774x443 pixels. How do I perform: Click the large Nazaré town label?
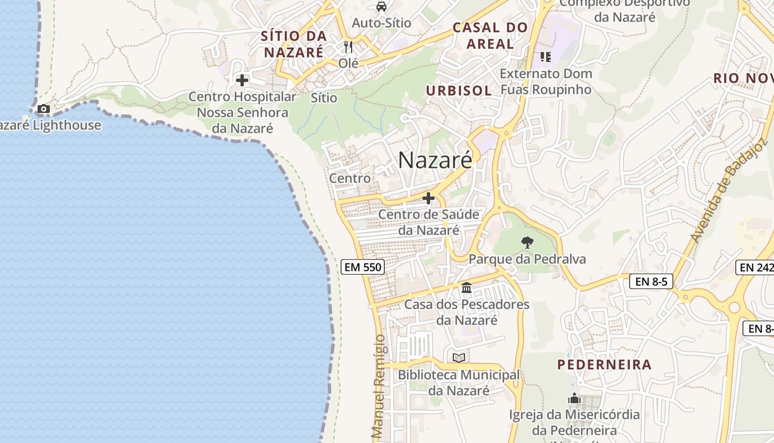pyautogui.click(x=435, y=161)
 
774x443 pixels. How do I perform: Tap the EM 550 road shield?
pyautogui.click(x=363, y=267)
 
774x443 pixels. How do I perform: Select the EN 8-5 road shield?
pyautogui.click(x=651, y=281)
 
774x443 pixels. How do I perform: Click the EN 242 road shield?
pyautogui.click(x=756, y=267)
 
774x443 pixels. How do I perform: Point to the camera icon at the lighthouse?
pyautogui.click(x=44, y=109)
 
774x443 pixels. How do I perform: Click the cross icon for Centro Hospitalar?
pyautogui.click(x=242, y=80)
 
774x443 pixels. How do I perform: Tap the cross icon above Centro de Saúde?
pyautogui.click(x=428, y=198)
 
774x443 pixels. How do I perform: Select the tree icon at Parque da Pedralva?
pyautogui.click(x=527, y=242)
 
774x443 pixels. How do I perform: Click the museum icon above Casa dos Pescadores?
pyautogui.click(x=467, y=288)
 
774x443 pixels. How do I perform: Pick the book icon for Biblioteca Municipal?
pyautogui.click(x=458, y=358)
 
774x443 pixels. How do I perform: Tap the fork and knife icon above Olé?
pyautogui.click(x=348, y=47)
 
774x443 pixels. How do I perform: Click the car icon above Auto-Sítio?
pyautogui.click(x=381, y=7)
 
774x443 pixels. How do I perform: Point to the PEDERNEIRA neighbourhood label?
pyautogui.click(x=604, y=365)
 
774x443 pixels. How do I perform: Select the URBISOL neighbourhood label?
pyautogui.click(x=459, y=90)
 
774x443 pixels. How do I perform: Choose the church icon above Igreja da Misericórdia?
pyautogui.click(x=574, y=398)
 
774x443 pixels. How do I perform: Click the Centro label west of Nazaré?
pyautogui.click(x=350, y=178)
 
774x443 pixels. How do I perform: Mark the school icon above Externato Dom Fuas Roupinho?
pyautogui.click(x=546, y=56)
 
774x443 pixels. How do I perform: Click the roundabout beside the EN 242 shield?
pyautogui.click(x=734, y=307)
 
